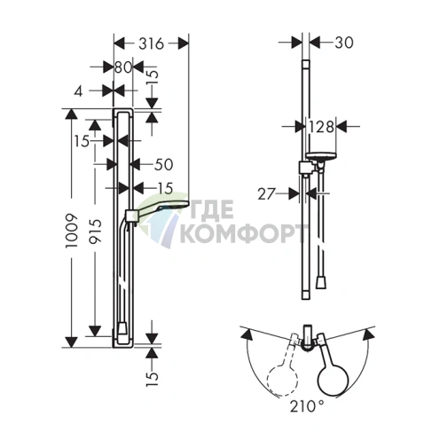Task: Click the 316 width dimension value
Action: coord(151,43)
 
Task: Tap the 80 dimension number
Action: coord(123,67)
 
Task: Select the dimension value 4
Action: coord(78,91)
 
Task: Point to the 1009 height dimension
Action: coord(72,231)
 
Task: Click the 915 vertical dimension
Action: coord(95,231)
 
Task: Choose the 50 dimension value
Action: coord(163,164)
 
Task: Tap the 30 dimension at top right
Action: coord(344,43)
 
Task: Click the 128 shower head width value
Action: coord(321,127)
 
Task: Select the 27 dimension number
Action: coord(266,194)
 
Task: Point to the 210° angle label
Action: coord(307,406)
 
